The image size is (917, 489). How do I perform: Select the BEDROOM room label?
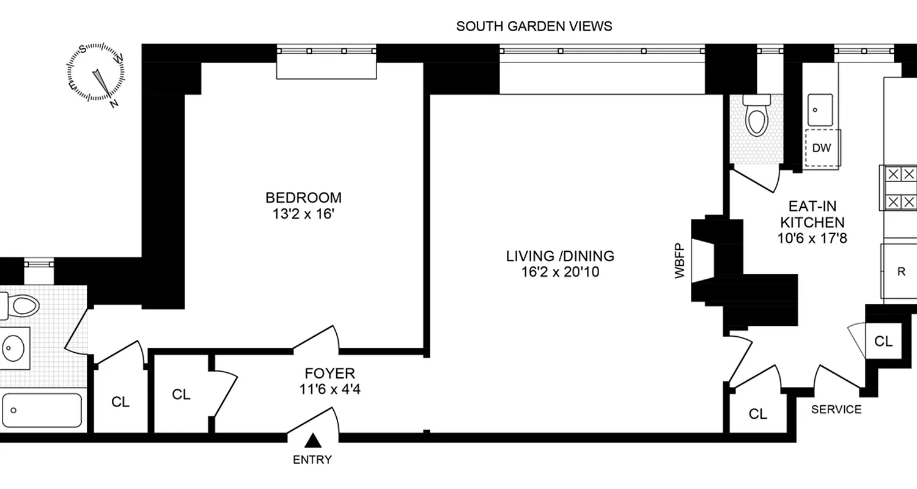tap(303, 198)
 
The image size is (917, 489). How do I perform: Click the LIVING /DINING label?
tap(559, 256)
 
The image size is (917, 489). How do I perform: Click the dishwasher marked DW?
tap(822, 148)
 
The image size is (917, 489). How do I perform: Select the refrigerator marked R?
tap(900, 272)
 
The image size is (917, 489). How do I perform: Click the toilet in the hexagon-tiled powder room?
tap(756, 119)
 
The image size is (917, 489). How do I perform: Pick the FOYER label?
tap(330, 373)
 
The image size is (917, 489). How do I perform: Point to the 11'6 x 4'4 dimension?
tap(330, 388)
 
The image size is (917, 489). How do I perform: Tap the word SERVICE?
tap(836, 410)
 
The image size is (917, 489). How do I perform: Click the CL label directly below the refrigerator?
tap(883, 341)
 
